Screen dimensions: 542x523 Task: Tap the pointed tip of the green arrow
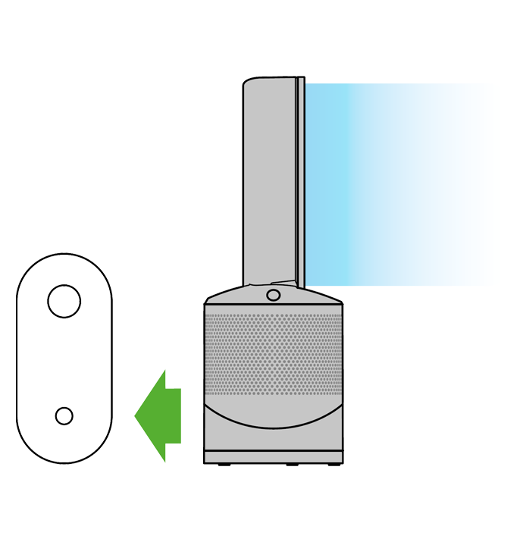(x=136, y=415)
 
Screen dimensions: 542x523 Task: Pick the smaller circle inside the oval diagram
(x=64, y=415)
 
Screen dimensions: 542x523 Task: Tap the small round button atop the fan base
(x=274, y=293)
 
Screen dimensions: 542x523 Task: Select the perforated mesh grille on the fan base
(x=273, y=349)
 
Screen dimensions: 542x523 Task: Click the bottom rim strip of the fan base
(x=273, y=458)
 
